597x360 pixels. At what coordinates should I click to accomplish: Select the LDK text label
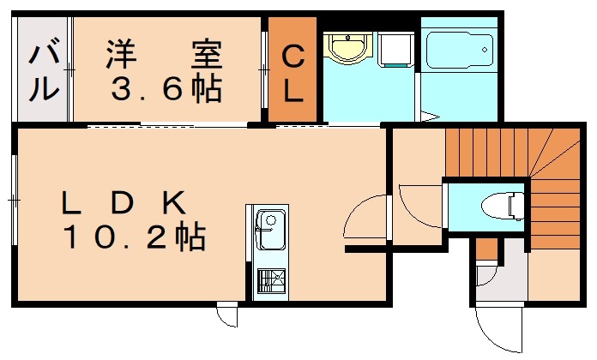[124, 203]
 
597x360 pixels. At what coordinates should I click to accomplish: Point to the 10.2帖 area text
[133, 236]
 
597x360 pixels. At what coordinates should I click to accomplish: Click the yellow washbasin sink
[349, 48]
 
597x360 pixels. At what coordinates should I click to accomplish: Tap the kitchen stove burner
[270, 280]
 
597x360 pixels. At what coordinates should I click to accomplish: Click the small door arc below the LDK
[226, 316]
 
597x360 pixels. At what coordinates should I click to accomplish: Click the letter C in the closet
[293, 57]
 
